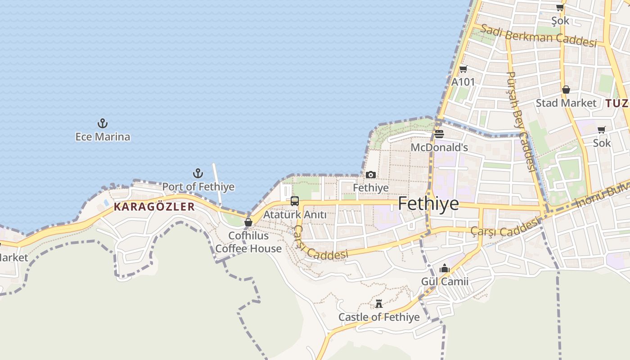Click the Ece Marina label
tap(103, 137)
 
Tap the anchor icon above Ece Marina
tap(103, 123)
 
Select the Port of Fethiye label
tap(198, 186)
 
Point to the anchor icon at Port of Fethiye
tap(198, 173)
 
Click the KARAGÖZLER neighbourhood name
tap(154, 207)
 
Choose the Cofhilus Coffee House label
tap(248, 242)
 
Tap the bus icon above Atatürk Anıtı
tap(295, 201)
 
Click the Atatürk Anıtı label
tap(295, 215)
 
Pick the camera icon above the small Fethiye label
tap(371, 175)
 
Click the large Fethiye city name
tap(428, 204)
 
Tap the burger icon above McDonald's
tap(439, 134)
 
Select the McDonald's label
tap(439, 148)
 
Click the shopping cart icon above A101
tap(463, 69)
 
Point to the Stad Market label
tap(566, 103)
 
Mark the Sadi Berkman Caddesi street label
tap(538, 36)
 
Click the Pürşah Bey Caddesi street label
tap(521, 121)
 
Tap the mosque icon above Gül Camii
tap(445, 268)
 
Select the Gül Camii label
tap(445, 282)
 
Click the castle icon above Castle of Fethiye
tap(379, 304)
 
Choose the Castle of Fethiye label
tap(379, 317)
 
